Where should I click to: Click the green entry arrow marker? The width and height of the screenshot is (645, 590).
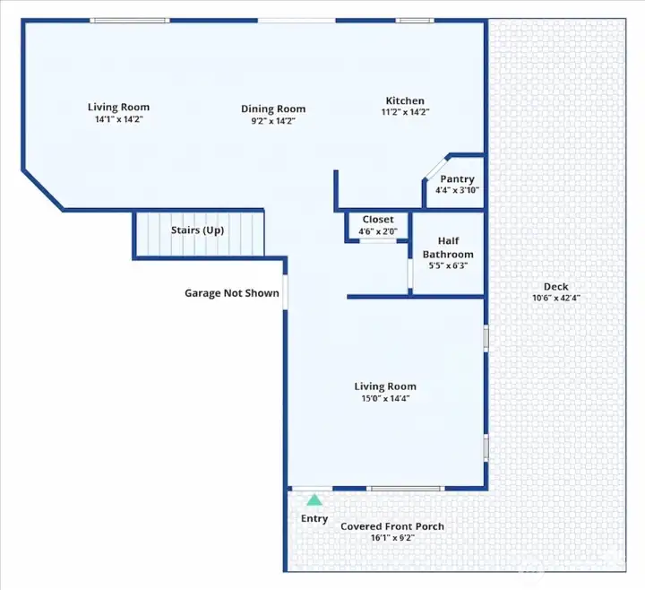click(314, 499)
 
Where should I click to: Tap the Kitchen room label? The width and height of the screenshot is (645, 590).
click(405, 100)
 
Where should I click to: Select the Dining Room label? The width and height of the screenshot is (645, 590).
click(273, 109)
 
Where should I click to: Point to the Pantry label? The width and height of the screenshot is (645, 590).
click(457, 179)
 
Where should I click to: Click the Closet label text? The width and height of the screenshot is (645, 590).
click(378, 220)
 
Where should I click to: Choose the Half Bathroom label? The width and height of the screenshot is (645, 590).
click(448, 247)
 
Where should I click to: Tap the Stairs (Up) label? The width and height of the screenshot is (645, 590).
click(197, 230)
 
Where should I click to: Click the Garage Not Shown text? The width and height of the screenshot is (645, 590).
click(232, 293)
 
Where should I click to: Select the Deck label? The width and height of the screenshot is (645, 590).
click(555, 287)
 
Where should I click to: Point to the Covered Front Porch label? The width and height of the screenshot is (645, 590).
click(392, 526)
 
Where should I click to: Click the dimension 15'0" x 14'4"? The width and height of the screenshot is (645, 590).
click(385, 398)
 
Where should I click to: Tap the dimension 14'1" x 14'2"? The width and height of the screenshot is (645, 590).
click(119, 119)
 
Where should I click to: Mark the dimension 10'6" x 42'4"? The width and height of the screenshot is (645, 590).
click(556, 298)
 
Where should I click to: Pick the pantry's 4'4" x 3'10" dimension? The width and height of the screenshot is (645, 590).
click(457, 190)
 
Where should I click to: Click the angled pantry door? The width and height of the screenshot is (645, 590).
click(436, 168)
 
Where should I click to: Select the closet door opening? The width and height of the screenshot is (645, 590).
click(378, 241)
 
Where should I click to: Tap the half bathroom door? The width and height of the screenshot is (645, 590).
click(410, 273)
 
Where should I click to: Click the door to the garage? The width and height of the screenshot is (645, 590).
click(285, 292)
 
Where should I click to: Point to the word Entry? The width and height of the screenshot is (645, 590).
click(314, 519)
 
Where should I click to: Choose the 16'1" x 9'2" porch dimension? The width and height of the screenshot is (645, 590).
click(392, 538)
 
